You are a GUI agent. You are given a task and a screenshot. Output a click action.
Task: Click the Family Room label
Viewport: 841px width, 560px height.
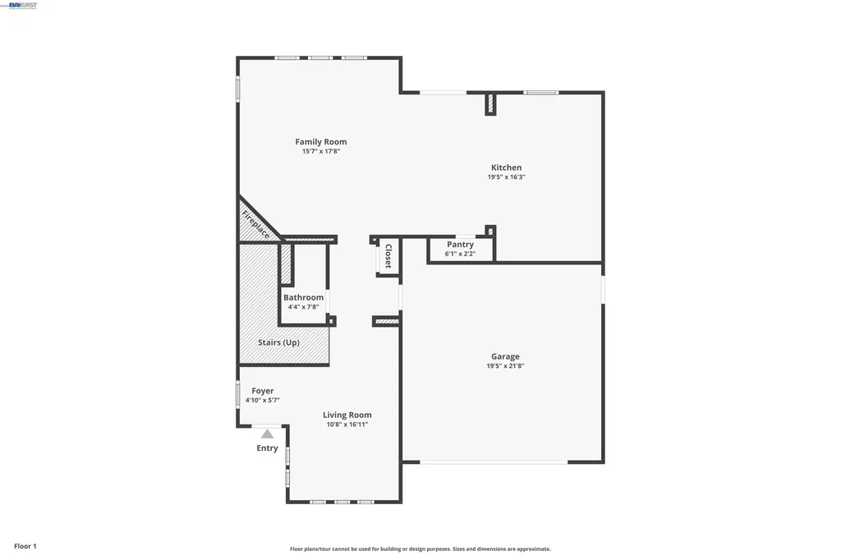(320, 142)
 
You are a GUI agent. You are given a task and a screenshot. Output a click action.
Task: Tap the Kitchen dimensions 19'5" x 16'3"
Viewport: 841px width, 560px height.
(506, 177)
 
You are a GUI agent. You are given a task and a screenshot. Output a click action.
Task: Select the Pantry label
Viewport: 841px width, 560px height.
(460, 245)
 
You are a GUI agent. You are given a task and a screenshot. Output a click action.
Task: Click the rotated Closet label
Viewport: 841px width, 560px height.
(388, 256)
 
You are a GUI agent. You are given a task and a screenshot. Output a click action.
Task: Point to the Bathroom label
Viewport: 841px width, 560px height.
(303, 297)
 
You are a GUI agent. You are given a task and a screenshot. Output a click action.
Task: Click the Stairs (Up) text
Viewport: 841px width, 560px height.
(278, 342)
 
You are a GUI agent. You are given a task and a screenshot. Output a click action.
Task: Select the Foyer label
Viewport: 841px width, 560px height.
(262, 391)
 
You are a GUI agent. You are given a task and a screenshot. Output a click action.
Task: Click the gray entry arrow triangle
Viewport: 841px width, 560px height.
(267, 434)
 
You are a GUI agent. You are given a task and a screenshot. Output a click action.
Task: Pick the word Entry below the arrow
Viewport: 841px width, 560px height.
(267, 448)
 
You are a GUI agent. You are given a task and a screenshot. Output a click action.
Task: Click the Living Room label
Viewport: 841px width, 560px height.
(347, 415)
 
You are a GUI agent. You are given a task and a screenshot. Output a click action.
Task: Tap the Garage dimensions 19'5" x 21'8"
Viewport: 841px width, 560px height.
(505, 366)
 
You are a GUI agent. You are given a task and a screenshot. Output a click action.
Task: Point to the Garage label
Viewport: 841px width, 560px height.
(505, 356)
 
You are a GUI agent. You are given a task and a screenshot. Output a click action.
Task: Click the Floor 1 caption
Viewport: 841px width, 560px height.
(25, 546)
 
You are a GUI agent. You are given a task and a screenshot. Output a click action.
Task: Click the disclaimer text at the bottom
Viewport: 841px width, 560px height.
(420, 549)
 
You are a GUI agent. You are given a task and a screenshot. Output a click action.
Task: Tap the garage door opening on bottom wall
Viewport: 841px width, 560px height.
(493, 462)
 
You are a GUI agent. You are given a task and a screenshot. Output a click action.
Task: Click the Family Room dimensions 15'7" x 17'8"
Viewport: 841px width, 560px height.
(320, 151)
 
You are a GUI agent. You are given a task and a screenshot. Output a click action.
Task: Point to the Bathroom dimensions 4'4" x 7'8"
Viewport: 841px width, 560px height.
(303, 307)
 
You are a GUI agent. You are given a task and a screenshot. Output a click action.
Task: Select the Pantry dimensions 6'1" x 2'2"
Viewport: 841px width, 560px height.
(460, 254)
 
